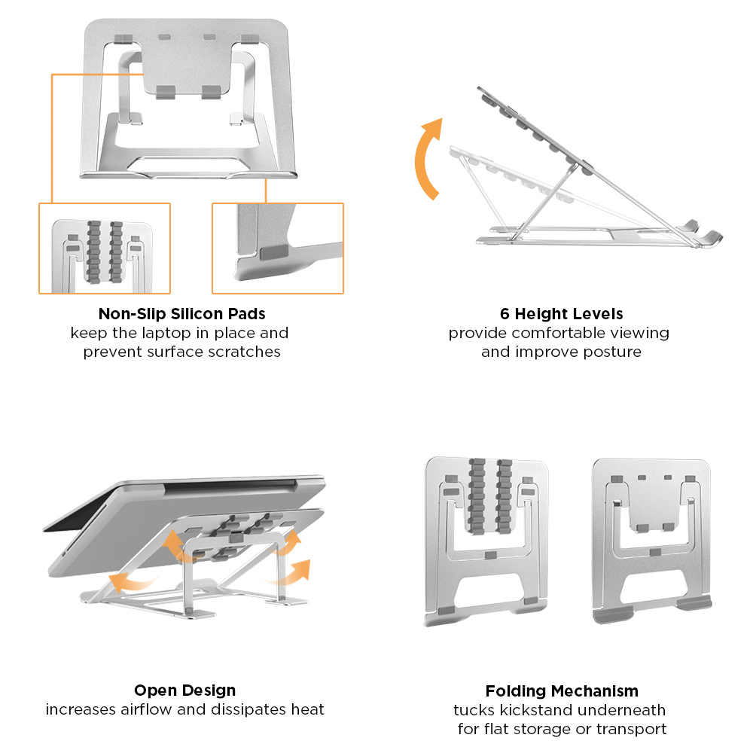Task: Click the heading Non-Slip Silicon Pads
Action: pyautogui.click(x=181, y=313)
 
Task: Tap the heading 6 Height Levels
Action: pyautogui.click(x=561, y=313)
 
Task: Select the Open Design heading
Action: pyautogui.click(x=184, y=690)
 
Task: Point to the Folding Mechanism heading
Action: pyautogui.click(x=562, y=691)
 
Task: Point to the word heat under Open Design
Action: pyautogui.click(x=309, y=709)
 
